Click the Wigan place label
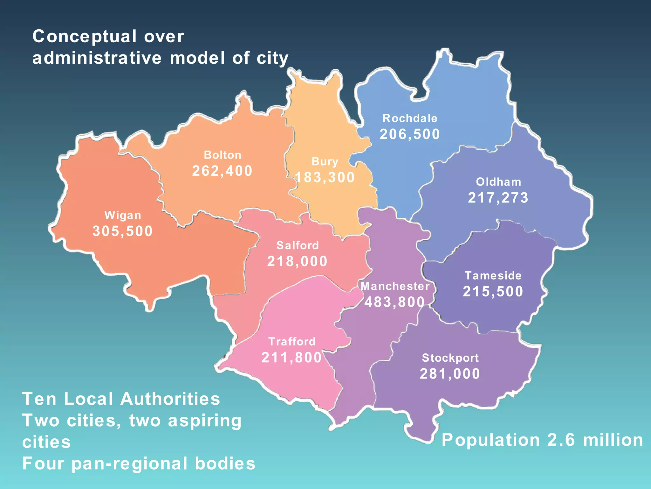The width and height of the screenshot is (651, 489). click(123, 216)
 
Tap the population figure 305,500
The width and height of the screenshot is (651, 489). click(123, 231)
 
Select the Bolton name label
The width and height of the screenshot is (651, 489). click(223, 155)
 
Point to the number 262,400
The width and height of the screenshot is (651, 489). click(222, 171)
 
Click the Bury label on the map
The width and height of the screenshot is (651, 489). click(325, 161)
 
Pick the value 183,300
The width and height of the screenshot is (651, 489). click(325, 177)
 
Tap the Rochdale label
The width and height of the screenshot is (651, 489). click(410, 118)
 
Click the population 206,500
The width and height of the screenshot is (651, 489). click(410, 134)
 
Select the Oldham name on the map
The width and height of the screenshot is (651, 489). click(498, 182)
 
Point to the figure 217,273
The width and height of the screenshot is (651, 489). click(498, 198)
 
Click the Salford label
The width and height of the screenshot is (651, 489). click(298, 245)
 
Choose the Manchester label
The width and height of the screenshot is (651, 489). click(395, 286)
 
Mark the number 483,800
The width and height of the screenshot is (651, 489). click(394, 302)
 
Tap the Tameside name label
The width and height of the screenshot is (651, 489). click(493, 276)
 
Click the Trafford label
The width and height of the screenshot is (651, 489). click(292, 342)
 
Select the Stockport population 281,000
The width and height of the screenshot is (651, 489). click(450, 374)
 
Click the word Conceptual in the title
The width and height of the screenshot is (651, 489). click(84, 37)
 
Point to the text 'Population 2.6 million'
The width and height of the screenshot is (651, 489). click(542, 440)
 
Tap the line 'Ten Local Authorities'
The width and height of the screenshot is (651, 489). click(121, 399)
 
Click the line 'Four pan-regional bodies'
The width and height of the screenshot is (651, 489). click(139, 464)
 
